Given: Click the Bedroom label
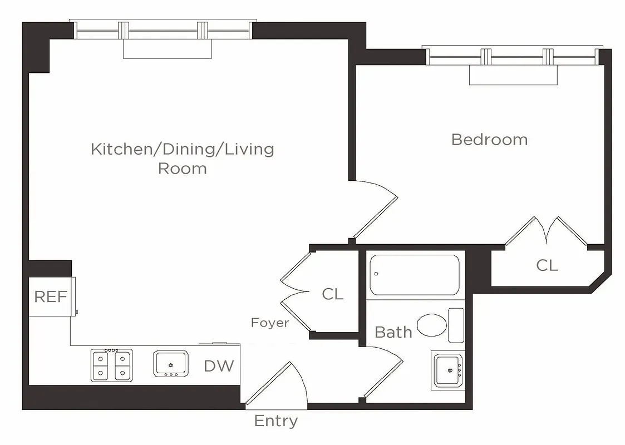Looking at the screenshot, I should (x=489, y=139).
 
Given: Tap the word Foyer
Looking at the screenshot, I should (x=270, y=323).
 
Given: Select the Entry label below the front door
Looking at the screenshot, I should (x=275, y=421).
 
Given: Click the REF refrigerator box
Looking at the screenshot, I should (x=51, y=296).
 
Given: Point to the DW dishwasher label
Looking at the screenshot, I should (x=219, y=365).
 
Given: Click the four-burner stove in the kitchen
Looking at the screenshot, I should (x=112, y=365).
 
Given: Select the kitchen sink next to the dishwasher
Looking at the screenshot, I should (x=171, y=363).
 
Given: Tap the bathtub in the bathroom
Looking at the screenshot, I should (x=415, y=275).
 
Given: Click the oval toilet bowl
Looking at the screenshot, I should (x=432, y=324).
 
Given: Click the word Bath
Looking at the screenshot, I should (x=393, y=332).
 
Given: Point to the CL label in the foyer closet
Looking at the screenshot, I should (x=332, y=294).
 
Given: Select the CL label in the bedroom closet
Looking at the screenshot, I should (x=547, y=265).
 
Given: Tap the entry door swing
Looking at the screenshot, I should (x=278, y=384).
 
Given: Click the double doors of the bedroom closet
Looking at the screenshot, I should (x=547, y=230).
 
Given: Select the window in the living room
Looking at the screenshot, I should (x=163, y=31).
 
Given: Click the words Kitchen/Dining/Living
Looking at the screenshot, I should (x=183, y=149).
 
